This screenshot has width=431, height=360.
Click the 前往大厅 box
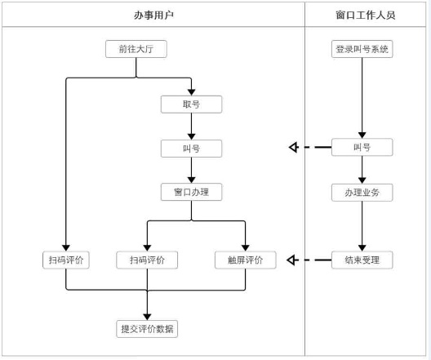click(x=136, y=49)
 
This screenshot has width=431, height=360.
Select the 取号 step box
click(x=191, y=104)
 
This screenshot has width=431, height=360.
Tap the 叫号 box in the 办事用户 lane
click(x=191, y=148)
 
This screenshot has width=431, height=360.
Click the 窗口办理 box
click(x=191, y=193)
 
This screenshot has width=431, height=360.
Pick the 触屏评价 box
click(x=245, y=260)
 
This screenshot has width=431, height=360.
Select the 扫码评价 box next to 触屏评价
click(x=148, y=260)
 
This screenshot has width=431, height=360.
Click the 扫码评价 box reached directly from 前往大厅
click(x=66, y=260)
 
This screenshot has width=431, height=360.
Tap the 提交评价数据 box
click(x=148, y=329)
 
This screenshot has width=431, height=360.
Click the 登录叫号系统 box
click(x=362, y=49)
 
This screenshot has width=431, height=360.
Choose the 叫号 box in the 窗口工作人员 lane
click(x=362, y=148)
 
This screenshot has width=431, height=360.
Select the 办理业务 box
click(x=362, y=193)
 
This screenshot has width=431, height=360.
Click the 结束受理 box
click(x=362, y=260)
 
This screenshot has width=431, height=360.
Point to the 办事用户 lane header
click(x=153, y=15)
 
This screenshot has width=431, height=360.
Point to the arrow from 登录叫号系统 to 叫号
click(x=362, y=98)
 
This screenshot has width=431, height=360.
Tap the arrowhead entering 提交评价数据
click(x=148, y=315)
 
